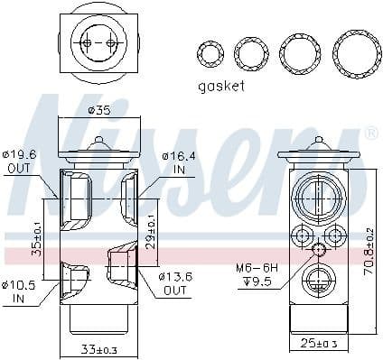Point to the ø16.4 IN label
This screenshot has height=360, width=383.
(x=180, y=162)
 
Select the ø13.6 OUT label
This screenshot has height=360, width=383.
(x=177, y=282)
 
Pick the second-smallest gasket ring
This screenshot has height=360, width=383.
(x=251, y=51)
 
